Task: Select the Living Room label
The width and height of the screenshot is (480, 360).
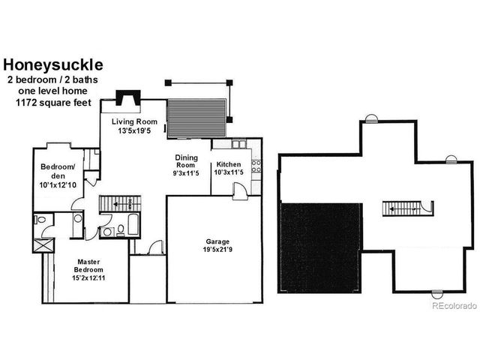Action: (134, 121)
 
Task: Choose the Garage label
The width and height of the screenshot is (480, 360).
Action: (217, 241)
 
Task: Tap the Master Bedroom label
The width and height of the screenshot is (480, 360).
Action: (88, 265)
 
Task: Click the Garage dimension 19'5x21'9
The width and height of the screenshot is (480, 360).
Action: (217, 250)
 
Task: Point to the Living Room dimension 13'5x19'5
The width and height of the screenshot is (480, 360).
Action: (134, 130)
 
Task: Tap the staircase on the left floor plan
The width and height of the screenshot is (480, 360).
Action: (119, 203)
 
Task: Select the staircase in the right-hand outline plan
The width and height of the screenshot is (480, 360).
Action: (406, 208)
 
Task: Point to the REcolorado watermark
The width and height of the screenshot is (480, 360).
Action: (454, 305)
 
